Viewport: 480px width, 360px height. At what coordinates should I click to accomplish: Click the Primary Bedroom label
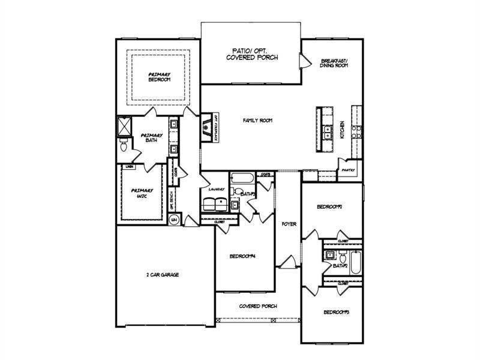[159, 77]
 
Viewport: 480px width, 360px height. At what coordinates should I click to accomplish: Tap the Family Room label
[257, 121]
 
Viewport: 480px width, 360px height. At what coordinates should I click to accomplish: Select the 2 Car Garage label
[163, 275]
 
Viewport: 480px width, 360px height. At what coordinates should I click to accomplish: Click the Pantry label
[348, 170]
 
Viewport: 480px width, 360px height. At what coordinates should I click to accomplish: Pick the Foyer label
[289, 224]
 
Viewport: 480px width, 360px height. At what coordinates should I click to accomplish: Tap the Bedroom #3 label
[336, 312]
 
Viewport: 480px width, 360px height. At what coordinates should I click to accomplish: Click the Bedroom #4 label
[243, 256]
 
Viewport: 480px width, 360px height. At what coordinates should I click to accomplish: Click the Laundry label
[216, 190]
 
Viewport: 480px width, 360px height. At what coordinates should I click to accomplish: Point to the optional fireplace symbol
[207, 127]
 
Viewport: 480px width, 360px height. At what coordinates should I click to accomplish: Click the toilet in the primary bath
[124, 146]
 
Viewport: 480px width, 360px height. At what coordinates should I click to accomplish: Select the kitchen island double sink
[328, 133]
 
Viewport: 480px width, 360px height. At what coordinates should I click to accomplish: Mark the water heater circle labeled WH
[174, 220]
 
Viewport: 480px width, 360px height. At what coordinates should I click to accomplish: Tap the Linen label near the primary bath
[129, 166]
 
